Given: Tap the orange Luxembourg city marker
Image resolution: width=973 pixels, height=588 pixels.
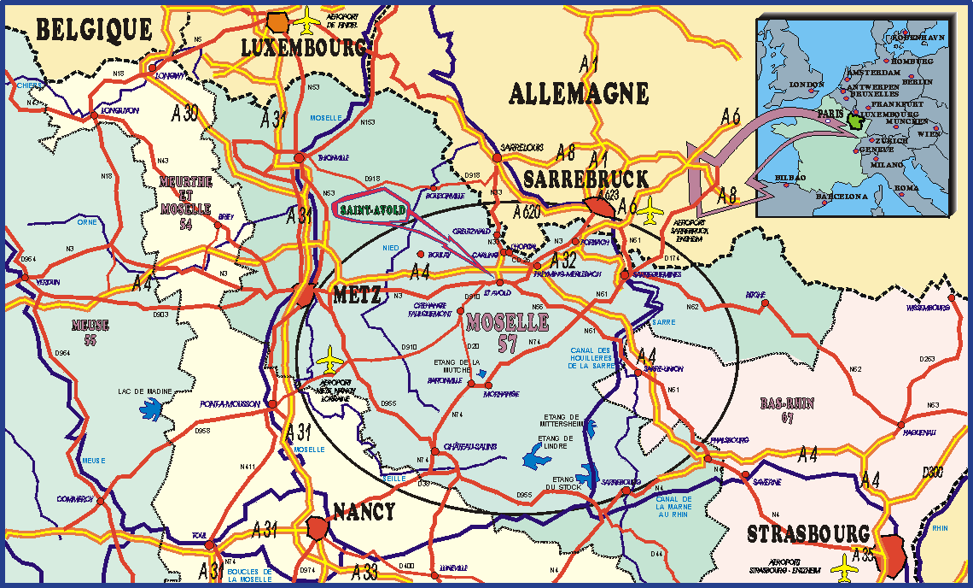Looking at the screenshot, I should [277, 22].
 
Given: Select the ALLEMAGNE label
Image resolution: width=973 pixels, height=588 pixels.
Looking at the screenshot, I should [579, 93].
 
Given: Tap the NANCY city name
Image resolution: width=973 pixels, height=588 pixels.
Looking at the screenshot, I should [364, 512].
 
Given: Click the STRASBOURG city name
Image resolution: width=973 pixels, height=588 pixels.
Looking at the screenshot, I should [807, 534].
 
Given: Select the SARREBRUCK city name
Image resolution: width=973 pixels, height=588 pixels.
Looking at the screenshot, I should [586, 179].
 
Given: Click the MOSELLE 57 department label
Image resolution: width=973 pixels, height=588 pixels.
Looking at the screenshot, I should [507, 332].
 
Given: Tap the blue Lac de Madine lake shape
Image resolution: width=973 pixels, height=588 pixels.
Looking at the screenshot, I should [151, 410].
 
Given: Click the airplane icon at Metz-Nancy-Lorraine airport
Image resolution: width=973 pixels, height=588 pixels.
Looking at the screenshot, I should [330, 360].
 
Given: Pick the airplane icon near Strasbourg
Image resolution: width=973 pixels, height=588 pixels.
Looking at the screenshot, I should [846, 565].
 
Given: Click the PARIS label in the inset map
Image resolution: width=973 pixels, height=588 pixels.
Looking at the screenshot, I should [829, 112].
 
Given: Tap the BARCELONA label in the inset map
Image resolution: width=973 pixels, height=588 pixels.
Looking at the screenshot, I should [842, 197].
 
